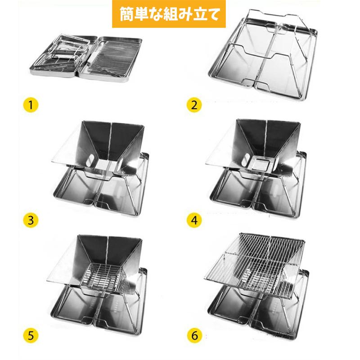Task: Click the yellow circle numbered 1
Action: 31,105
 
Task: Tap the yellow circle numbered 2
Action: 194,105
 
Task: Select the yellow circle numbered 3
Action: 31,220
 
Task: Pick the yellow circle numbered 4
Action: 194,220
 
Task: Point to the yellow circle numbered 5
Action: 31,335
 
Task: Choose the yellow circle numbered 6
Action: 194,335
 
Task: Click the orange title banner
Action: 169,14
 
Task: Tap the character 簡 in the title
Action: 127,14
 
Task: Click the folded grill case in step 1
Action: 86,58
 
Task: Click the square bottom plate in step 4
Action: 261,163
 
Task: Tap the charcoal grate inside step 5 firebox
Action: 103,277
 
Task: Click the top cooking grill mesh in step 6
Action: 254,264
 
